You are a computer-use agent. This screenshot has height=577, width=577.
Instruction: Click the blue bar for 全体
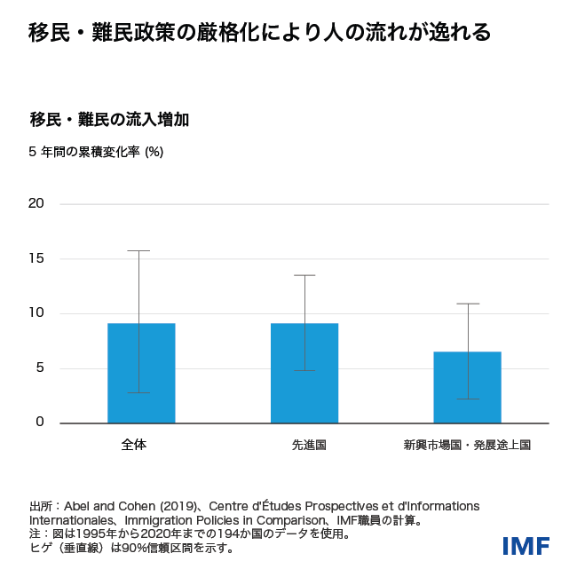[x=141, y=373]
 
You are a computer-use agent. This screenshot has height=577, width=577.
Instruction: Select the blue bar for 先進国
[x=304, y=373]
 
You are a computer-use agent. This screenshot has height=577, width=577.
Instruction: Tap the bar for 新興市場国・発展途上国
[x=467, y=387]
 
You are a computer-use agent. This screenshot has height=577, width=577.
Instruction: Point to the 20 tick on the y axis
[x=36, y=203]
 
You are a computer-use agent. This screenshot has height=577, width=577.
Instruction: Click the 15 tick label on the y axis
[x=36, y=258]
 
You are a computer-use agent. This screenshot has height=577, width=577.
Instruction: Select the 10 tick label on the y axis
[x=36, y=312]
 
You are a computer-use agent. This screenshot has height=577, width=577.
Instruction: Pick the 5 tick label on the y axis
[x=39, y=368]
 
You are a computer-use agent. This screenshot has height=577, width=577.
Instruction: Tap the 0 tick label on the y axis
[x=39, y=422]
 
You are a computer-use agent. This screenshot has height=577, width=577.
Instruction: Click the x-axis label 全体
[x=134, y=445]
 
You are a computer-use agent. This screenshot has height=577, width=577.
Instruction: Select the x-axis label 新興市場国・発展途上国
[x=467, y=445]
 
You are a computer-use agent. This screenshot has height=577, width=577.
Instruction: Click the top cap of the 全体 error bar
[x=138, y=251]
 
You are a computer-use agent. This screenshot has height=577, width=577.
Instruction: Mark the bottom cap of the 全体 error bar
[x=138, y=392]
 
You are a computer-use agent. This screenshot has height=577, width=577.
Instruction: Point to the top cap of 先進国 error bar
[x=304, y=275]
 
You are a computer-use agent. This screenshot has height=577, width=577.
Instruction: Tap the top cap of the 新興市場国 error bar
[x=468, y=304]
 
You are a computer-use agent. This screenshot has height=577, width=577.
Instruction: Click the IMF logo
[x=526, y=546]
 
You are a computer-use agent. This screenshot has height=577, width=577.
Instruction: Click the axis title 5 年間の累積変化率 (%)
[x=96, y=152]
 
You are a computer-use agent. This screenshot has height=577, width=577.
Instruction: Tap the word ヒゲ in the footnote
[x=41, y=548]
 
